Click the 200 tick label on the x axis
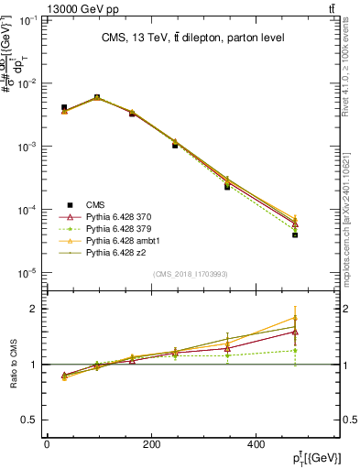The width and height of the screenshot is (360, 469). (193, 445)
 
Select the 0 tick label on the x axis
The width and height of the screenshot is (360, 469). (47, 445)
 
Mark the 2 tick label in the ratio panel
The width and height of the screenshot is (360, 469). (36, 309)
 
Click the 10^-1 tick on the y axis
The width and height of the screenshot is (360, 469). (29, 19)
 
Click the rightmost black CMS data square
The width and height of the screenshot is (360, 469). (322, 235)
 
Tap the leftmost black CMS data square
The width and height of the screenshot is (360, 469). (64, 107)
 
